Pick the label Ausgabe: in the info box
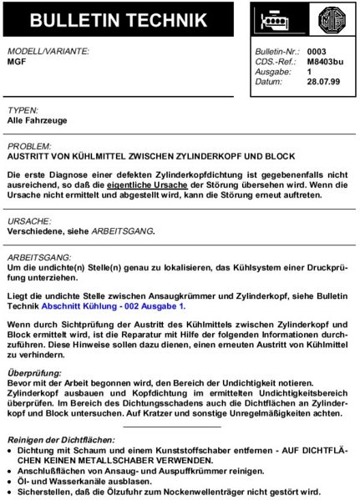coord(274,72)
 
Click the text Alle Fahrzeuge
coord(37,120)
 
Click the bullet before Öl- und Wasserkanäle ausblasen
coord(11,481)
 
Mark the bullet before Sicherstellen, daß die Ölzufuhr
coord(11,491)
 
